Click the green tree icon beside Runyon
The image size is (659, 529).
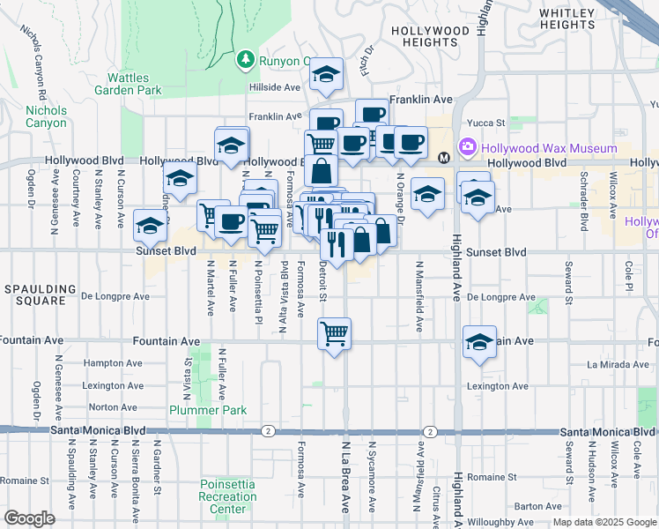(245, 61)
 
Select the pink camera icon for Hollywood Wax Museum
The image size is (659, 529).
(466, 148)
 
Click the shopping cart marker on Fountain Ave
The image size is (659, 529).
(334, 334)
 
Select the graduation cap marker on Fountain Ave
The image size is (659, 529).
(478, 342)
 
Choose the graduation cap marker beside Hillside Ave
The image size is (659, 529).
(326, 76)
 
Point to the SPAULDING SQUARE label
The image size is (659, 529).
(33, 294)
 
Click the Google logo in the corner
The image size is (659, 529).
(29, 518)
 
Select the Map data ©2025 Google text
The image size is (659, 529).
(604, 522)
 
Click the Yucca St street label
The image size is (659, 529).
(487, 123)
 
